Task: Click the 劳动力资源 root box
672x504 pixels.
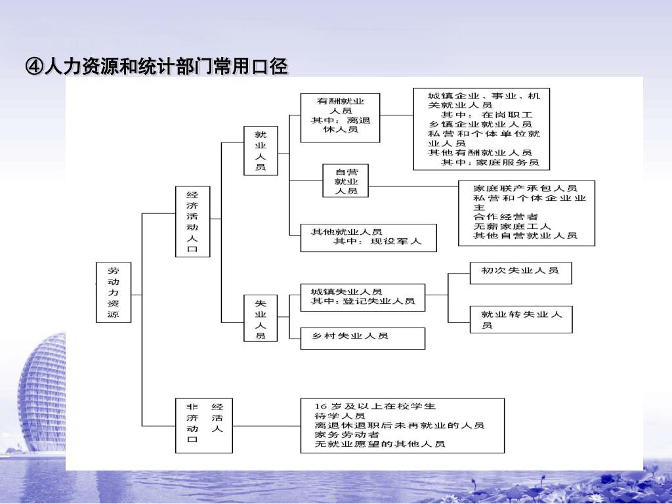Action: [x=114, y=293]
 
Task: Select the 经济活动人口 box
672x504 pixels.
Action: [x=192, y=222]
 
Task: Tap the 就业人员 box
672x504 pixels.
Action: [x=261, y=150]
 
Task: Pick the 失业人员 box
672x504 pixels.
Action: [x=261, y=319]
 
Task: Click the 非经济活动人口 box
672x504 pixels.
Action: [x=203, y=425]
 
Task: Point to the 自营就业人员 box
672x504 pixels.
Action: [x=346, y=180]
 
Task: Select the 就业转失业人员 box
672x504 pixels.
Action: [x=521, y=320]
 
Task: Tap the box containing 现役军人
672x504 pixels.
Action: [x=368, y=237]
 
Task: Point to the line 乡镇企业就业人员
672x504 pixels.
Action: [x=480, y=123]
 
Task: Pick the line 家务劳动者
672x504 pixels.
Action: [x=347, y=434]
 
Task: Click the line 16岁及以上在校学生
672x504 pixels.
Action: [x=375, y=406]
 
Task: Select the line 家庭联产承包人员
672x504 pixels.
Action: [x=525, y=188]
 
